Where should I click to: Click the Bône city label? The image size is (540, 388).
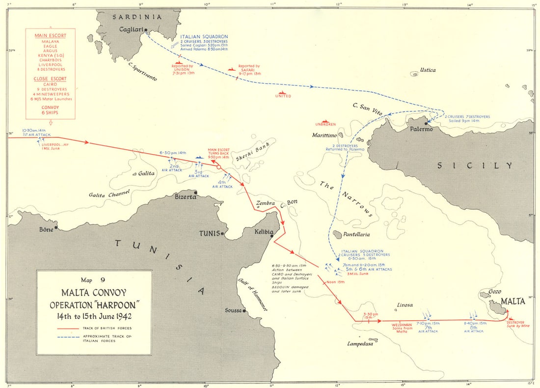point(47,229)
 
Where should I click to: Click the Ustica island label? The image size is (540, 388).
point(427,70)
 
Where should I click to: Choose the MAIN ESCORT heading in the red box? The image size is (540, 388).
point(50,35)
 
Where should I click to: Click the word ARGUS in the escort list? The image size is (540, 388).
point(50,51)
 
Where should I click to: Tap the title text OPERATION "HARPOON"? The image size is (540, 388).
point(94,305)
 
